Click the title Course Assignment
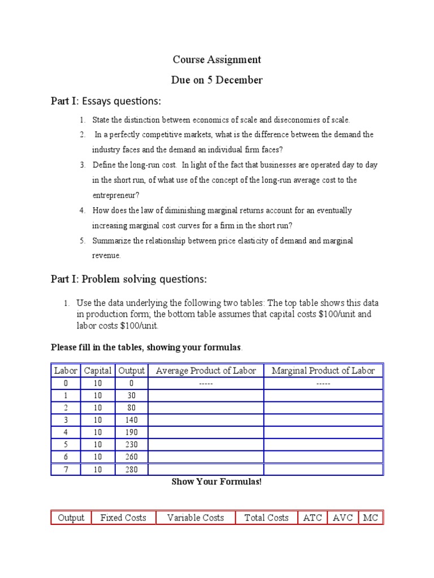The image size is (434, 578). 217,59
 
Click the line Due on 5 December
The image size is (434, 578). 217,80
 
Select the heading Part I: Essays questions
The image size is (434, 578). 106,102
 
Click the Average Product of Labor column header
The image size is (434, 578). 206,371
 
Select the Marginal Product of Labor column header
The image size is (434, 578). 323,371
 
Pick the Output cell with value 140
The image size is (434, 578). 131,420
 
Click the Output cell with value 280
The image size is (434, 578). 131,470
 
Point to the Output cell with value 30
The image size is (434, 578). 131,396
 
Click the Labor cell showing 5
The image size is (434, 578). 66,445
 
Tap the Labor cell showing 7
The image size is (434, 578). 66,470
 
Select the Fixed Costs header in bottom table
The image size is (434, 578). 123,518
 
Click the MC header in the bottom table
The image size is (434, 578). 371,518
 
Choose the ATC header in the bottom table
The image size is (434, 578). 313,518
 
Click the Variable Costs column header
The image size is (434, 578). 196,518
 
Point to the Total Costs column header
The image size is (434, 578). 266,518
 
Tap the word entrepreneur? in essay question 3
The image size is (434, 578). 115,195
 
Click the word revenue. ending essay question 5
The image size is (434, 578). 106,256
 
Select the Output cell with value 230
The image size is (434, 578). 131,445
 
